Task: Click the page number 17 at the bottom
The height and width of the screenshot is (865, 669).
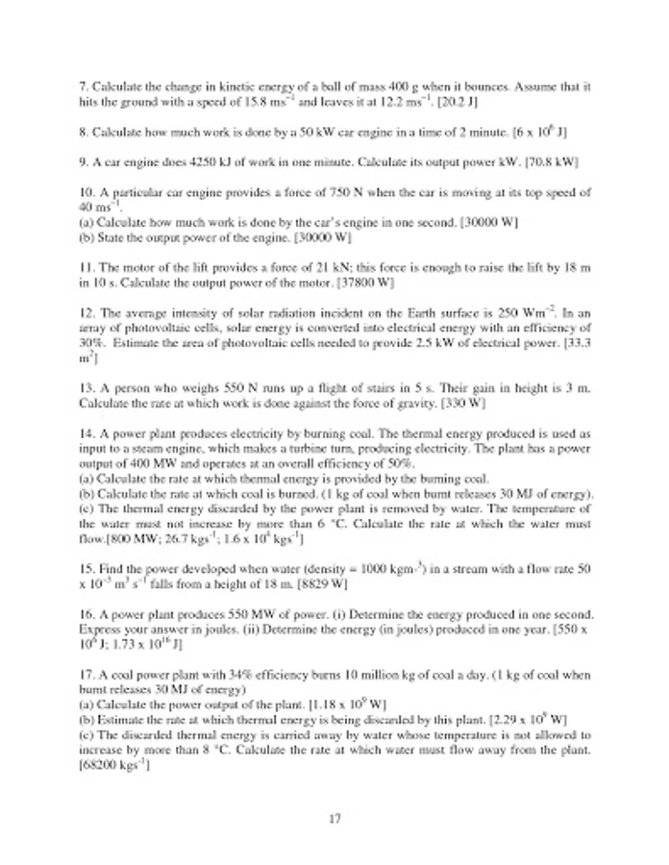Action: pos(334,819)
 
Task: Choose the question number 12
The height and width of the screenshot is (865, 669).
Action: pos(87,312)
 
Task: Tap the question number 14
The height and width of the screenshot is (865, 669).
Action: pos(87,432)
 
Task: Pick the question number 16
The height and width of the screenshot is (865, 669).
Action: pos(87,612)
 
